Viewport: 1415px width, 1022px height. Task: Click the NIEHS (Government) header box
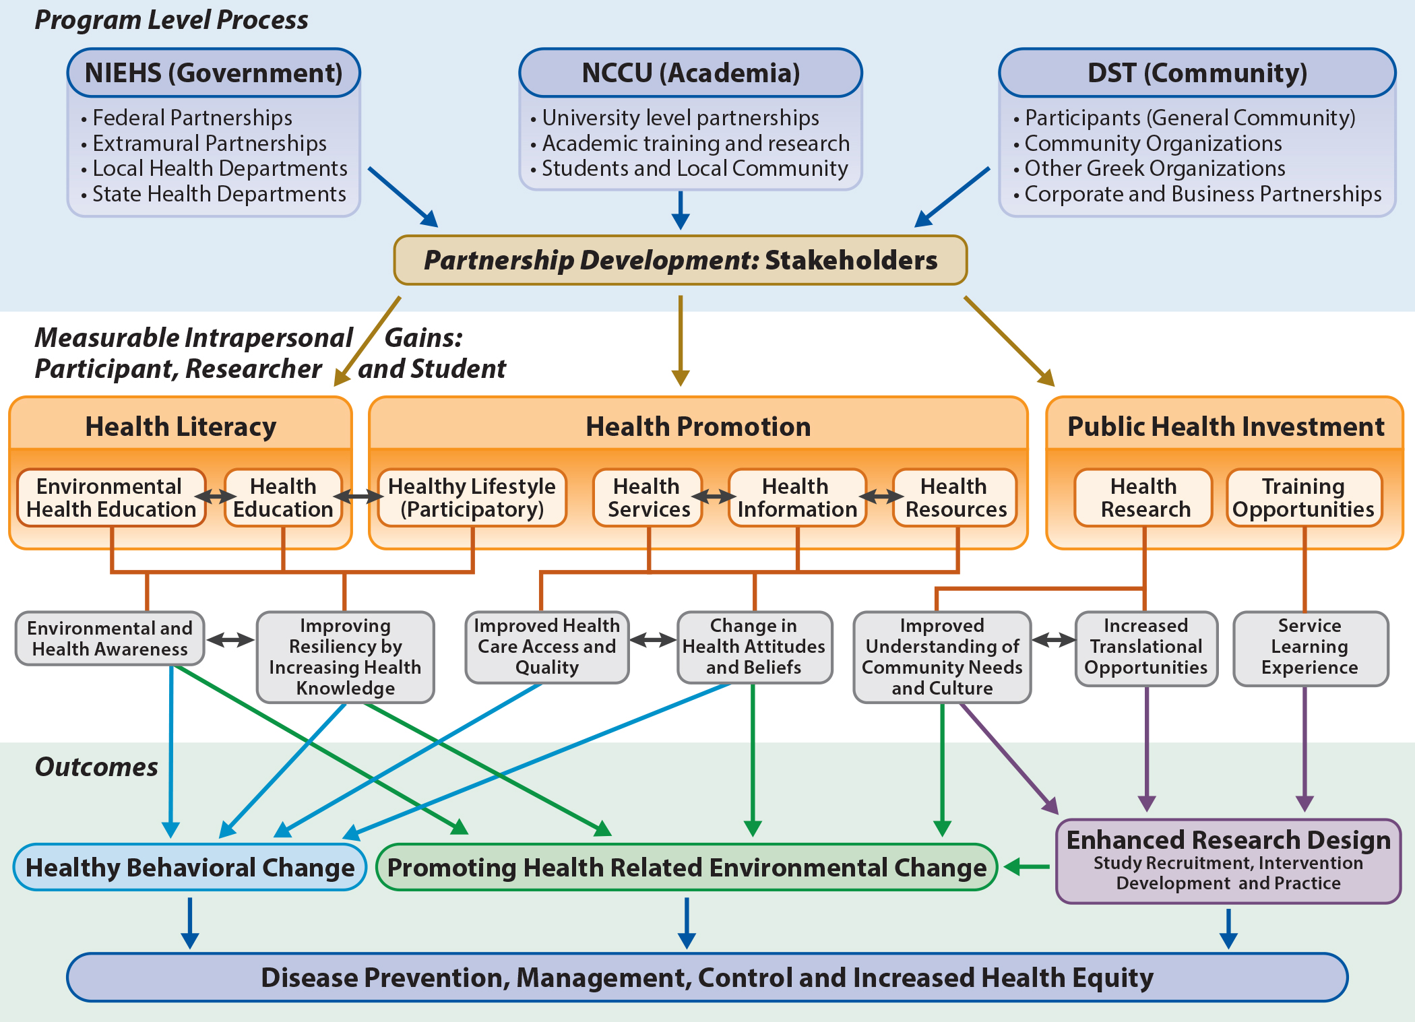click(214, 73)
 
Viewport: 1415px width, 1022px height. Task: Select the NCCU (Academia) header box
click(690, 73)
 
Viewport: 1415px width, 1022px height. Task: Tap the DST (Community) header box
click(1197, 73)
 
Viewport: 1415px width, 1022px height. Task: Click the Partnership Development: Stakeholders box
click(680, 260)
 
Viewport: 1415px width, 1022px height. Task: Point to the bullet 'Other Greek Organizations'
click(1154, 168)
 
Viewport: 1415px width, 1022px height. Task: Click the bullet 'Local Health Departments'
click(220, 168)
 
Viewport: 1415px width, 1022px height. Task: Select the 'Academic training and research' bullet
click(695, 143)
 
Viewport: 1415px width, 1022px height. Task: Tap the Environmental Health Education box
click(111, 498)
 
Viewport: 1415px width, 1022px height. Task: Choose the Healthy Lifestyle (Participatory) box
click(472, 498)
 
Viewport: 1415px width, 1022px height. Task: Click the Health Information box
click(797, 498)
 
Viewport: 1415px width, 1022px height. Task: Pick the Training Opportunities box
click(1303, 498)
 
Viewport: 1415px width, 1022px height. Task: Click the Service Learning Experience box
click(1310, 647)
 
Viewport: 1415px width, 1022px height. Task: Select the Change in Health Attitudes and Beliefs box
click(754, 647)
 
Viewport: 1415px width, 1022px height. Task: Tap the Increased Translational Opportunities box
click(1145, 647)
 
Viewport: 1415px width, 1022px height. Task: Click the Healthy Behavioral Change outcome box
click(189, 868)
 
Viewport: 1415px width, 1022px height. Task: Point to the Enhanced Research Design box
click(1228, 860)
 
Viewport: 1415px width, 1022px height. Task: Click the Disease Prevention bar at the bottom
click(707, 978)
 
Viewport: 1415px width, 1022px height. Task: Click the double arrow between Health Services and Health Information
click(715, 497)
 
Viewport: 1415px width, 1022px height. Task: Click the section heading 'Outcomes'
click(96, 767)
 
